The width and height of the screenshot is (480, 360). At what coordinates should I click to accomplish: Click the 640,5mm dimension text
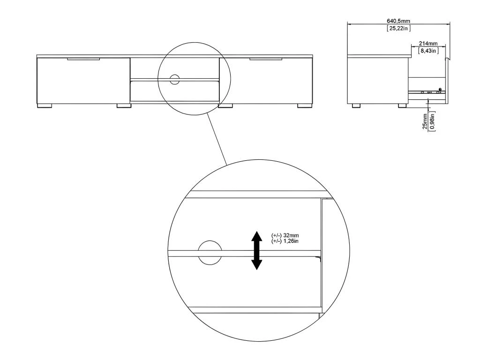click(398, 21)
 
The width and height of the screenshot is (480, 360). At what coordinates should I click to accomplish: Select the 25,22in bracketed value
click(398, 29)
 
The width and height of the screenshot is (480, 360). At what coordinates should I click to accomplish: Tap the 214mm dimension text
click(428, 44)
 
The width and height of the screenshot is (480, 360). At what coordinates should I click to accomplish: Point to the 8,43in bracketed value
click(428, 51)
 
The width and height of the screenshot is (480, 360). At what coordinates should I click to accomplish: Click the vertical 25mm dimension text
click(425, 121)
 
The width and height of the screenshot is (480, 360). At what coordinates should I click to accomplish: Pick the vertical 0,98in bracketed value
click(432, 121)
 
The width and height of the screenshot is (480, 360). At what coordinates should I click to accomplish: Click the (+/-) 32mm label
click(285, 235)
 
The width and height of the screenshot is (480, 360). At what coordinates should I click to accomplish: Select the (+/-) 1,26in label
click(285, 241)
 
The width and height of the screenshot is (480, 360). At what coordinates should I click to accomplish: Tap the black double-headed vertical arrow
click(256, 250)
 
